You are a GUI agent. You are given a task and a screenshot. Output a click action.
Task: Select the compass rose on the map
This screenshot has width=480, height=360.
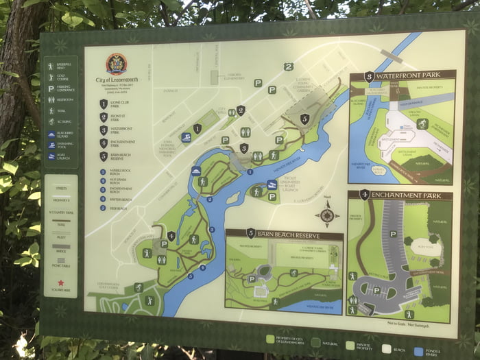(x=326, y=215)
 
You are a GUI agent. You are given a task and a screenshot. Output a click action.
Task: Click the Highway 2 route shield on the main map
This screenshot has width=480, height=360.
(x=289, y=67)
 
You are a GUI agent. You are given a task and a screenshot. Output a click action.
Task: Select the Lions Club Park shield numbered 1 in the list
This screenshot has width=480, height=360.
(x=103, y=104)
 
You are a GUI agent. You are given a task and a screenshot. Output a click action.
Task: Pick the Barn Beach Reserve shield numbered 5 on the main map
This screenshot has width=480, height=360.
(x=304, y=119)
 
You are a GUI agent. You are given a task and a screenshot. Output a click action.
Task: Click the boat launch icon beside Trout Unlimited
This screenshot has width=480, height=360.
(x=272, y=185)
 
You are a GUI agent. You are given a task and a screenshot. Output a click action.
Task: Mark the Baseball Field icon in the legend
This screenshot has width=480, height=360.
(x=51, y=67)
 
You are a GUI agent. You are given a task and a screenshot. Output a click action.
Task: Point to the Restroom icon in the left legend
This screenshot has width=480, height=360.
(x=51, y=99)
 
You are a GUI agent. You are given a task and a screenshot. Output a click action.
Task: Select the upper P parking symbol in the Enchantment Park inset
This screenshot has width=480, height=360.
(x=392, y=234)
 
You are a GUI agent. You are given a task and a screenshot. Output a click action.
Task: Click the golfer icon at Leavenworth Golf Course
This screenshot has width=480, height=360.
(x=138, y=287)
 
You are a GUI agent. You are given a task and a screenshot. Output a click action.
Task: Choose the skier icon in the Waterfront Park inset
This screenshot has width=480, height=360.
(x=422, y=123)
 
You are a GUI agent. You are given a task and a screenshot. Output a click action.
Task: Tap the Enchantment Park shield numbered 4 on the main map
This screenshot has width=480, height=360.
(x=171, y=236)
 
